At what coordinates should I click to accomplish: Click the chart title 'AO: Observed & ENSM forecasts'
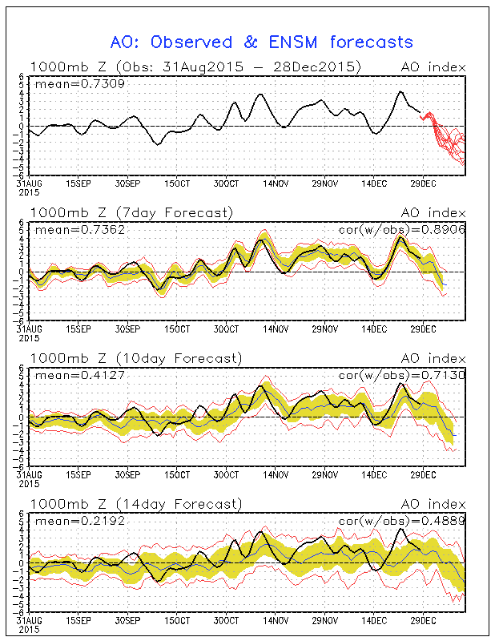[261, 42]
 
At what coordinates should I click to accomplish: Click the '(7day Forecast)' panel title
[175, 213]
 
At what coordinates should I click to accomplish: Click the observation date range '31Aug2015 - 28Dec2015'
[238, 67]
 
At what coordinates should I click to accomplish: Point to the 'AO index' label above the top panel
[433, 67]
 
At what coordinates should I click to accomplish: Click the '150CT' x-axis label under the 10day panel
[176, 474]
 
